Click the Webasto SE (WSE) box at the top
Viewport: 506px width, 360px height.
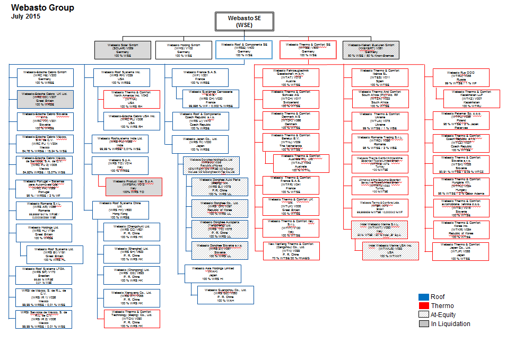tap(244, 21)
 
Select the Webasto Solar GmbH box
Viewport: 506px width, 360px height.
tap(123, 50)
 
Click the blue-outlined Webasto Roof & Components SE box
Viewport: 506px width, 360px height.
tap(244, 50)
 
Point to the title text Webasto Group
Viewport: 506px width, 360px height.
tap(42, 8)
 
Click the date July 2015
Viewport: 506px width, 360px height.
tap(25, 16)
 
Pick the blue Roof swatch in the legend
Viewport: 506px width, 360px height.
tap(423, 297)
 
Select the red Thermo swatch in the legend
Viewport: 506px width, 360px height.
tap(423, 306)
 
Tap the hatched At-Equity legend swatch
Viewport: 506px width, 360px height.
tap(423, 315)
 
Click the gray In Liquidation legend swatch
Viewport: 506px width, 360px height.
tap(423, 323)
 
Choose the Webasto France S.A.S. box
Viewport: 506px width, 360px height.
tap(199, 77)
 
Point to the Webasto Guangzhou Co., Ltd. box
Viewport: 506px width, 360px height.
tap(225, 295)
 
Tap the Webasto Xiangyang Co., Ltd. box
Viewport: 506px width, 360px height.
tap(132, 296)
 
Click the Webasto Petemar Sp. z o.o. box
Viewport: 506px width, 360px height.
tap(460, 120)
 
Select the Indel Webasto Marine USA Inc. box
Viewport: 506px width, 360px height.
tap(391, 251)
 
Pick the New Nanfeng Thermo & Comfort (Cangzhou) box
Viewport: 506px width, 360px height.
tap(292, 251)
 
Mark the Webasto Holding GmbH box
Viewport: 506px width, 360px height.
tap(184, 50)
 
